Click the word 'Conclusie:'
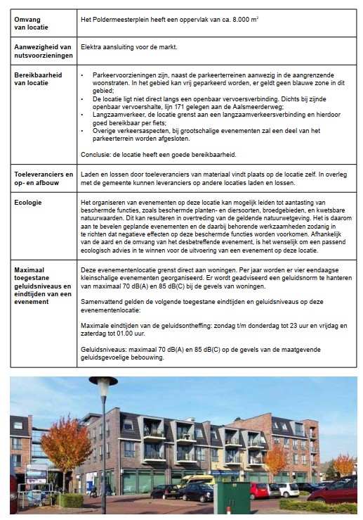[100, 153]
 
